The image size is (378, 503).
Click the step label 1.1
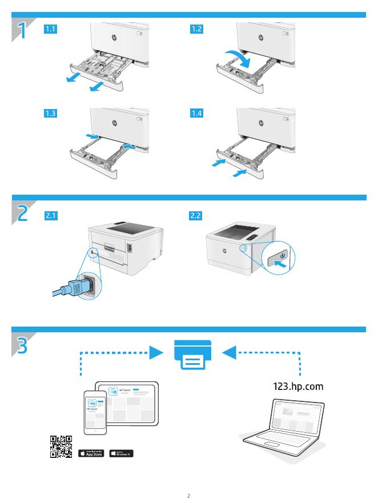pyautogui.click(x=51, y=29)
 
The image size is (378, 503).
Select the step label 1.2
pyautogui.click(x=196, y=29)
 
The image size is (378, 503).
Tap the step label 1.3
pyautogui.click(x=51, y=114)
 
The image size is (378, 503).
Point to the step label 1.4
pyautogui.click(x=196, y=114)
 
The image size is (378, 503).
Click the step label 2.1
pyautogui.click(x=51, y=216)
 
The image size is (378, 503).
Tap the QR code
pyautogui.click(x=61, y=447)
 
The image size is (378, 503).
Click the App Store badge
pyautogui.click(x=91, y=453)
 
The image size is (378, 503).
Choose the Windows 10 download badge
pyautogui.click(x=121, y=453)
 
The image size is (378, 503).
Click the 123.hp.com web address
pyautogui.click(x=299, y=387)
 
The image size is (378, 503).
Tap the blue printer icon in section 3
pyautogui.click(x=192, y=355)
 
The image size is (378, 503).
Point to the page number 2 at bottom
pyautogui.click(x=188, y=495)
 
